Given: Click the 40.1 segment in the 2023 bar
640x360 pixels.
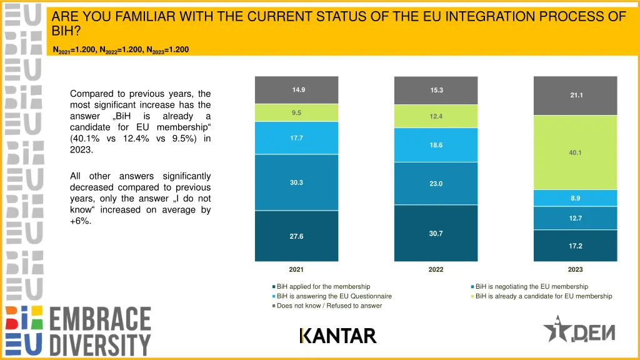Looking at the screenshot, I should (575, 152).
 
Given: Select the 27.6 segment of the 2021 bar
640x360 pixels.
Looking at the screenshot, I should (296, 236).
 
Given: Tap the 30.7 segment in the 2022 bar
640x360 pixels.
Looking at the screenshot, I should (436, 233).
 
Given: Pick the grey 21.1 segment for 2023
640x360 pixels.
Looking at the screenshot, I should (575, 96).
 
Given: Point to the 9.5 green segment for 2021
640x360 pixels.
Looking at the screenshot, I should (296, 113).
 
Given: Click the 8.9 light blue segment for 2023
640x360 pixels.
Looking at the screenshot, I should (575, 198).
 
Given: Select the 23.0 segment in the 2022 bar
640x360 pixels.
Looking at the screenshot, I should (436, 184).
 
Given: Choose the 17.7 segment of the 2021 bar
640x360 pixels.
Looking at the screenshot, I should (296, 138).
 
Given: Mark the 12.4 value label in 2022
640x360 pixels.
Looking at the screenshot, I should (436, 116).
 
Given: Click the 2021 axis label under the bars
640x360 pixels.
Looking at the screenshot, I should (296, 269).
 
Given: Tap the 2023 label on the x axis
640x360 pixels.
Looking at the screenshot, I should (575, 269).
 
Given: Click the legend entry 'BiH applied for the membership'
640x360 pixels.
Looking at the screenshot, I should (323, 287).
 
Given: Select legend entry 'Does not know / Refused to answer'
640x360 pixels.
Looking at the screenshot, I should (329, 306).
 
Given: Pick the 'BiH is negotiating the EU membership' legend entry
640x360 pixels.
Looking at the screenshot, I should (531, 287).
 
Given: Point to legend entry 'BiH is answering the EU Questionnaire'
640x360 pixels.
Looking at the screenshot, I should (334, 296).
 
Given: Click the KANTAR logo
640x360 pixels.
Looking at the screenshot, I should (338, 336).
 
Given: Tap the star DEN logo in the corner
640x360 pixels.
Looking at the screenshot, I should (579, 329).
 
